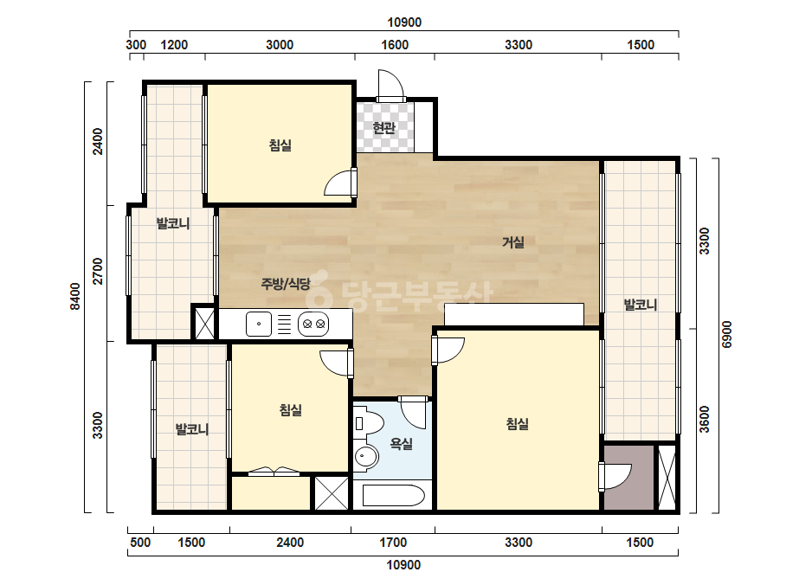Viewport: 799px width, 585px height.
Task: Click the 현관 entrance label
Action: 383,127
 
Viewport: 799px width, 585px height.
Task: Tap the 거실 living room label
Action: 513,242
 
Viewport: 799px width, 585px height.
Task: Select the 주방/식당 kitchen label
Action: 286,284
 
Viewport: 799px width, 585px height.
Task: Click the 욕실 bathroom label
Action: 401,444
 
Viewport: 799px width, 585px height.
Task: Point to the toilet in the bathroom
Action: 369,423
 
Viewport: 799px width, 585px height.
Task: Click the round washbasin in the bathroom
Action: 365,456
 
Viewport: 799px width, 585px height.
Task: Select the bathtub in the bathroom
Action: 393,495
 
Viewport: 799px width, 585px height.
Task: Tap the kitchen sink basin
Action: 258,325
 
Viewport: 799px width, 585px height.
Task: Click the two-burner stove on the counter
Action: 313,325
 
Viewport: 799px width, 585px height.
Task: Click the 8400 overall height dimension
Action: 75,296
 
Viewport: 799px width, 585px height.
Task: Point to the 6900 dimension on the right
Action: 727,334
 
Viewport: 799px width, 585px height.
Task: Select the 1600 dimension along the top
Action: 395,45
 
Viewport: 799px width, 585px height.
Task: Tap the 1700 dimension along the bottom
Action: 393,543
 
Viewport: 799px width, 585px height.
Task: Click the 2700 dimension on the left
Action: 97,271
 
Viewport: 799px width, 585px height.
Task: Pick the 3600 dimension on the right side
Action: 704,419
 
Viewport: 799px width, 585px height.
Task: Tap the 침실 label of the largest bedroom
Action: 517,423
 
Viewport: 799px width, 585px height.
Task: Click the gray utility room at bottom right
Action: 628,478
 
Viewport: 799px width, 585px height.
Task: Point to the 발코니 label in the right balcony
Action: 641,305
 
